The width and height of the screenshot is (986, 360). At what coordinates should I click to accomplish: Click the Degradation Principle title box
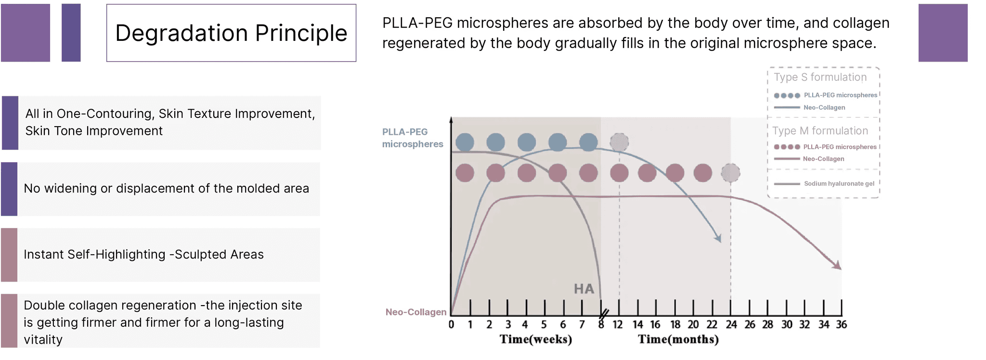pyautogui.click(x=231, y=33)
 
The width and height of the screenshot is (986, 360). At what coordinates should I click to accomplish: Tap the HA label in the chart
pyautogui.click(x=584, y=289)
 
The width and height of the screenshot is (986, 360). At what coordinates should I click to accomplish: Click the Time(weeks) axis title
pyautogui.click(x=536, y=339)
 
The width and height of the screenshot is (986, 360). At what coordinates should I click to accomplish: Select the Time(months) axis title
pyautogui.click(x=678, y=339)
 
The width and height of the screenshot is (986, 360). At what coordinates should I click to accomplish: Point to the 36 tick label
pyautogui.click(x=841, y=325)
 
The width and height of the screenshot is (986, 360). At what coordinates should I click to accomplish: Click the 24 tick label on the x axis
pyautogui.click(x=731, y=325)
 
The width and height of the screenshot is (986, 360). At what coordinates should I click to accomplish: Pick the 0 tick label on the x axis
pyautogui.click(x=451, y=325)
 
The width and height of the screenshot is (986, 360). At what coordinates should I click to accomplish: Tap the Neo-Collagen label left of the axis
pyautogui.click(x=416, y=312)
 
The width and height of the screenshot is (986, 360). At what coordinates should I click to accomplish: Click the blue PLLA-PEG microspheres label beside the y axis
pyautogui.click(x=413, y=138)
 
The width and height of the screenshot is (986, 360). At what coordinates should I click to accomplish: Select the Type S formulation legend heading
pyautogui.click(x=820, y=77)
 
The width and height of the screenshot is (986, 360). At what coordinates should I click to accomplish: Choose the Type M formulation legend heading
pyautogui.click(x=820, y=131)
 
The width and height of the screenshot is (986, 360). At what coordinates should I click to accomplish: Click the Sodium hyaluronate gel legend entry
pyautogui.click(x=839, y=183)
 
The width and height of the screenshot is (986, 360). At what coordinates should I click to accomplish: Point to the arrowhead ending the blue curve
pyautogui.click(x=718, y=239)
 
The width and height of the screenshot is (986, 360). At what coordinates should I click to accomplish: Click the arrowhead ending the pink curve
pyautogui.click(x=838, y=266)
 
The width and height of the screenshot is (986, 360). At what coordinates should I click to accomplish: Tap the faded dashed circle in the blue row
pyautogui.click(x=619, y=142)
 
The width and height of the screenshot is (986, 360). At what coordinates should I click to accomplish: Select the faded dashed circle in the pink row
pyautogui.click(x=731, y=173)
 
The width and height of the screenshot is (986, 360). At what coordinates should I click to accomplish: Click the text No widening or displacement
pyautogui.click(x=166, y=188)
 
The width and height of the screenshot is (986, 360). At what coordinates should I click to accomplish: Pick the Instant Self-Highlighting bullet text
pyautogui.click(x=143, y=254)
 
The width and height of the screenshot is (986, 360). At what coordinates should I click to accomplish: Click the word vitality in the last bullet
pyautogui.click(x=43, y=340)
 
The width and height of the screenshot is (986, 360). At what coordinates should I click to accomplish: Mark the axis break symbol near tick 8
pyautogui.click(x=604, y=314)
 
